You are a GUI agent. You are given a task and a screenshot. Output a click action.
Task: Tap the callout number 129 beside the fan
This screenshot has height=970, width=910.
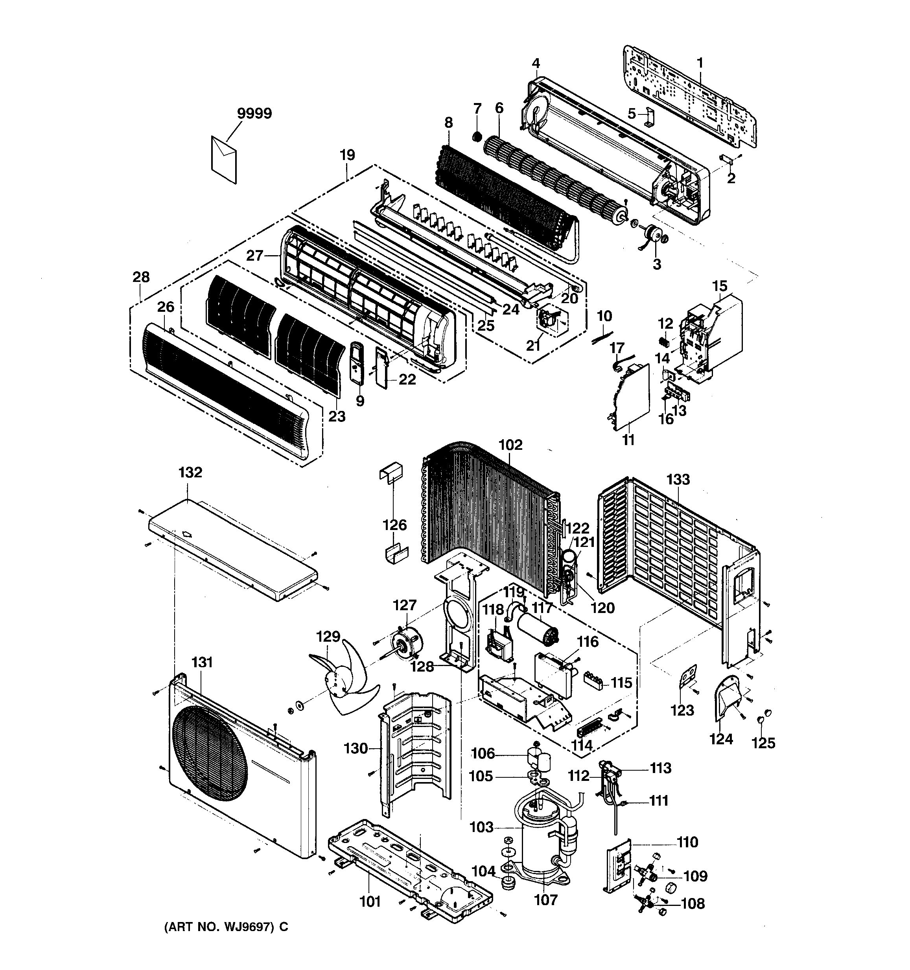pyautogui.click(x=328, y=637)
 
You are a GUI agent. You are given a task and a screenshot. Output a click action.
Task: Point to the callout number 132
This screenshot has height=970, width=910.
pyautogui.click(x=190, y=472)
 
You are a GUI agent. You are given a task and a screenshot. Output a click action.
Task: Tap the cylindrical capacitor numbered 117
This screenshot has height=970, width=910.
pyautogui.click(x=537, y=629)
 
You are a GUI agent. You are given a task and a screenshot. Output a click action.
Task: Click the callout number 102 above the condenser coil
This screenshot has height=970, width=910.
pyautogui.click(x=510, y=445)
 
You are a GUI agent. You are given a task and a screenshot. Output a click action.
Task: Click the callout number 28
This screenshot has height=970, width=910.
pyautogui.click(x=141, y=277)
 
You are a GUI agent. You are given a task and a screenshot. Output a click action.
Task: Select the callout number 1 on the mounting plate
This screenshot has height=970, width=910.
pyautogui.click(x=700, y=63)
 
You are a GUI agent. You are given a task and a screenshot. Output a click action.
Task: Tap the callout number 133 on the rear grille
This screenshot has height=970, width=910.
pyautogui.click(x=678, y=479)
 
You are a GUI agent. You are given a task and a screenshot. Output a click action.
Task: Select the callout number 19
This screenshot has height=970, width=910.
pyautogui.click(x=347, y=155)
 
